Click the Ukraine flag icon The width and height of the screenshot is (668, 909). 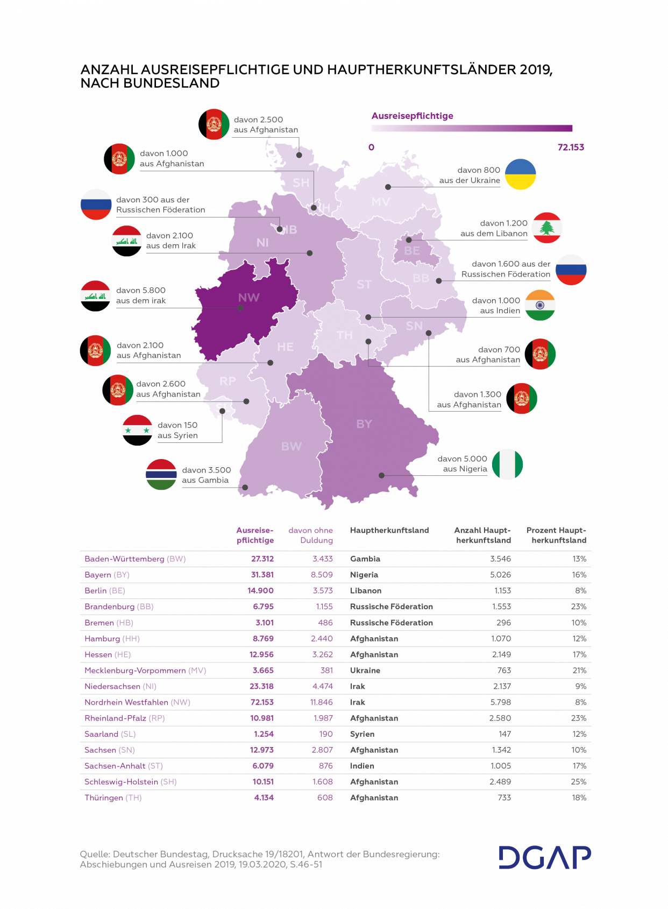(x=521, y=174)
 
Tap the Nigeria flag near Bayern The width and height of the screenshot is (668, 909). (x=507, y=464)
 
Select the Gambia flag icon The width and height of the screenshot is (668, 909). (x=161, y=475)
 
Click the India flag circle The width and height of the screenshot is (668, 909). (x=540, y=305)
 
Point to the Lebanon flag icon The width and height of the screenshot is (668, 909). (x=547, y=228)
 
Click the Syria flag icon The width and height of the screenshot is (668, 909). (x=137, y=429)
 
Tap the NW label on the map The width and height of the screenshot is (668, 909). (x=248, y=298)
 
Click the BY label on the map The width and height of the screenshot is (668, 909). (x=364, y=424)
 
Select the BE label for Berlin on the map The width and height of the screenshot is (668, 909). (x=412, y=251)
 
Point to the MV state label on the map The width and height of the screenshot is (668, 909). (x=380, y=202)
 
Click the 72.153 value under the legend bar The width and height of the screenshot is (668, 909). (x=571, y=147)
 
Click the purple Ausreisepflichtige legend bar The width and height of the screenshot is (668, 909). (x=472, y=128)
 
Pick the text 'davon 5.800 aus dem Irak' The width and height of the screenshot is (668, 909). (x=141, y=295)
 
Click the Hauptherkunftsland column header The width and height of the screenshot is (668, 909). (x=389, y=531)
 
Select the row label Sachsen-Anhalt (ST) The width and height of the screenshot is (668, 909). (x=123, y=766)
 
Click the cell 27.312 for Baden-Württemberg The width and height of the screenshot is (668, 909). (x=262, y=559)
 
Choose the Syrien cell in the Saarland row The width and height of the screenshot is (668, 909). (x=362, y=734)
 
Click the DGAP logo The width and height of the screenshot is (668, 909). (x=544, y=857)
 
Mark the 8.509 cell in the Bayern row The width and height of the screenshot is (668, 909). (x=321, y=575)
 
